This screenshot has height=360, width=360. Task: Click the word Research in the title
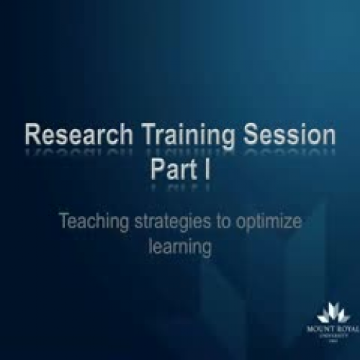click(x=71, y=137)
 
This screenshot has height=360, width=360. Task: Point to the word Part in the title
click(x=171, y=170)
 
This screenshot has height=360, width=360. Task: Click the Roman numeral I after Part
click(x=201, y=170)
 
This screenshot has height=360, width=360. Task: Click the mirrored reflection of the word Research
click(x=71, y=153)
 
